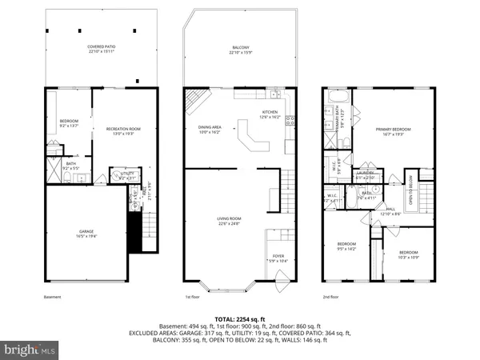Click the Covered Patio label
(x=100, y=49)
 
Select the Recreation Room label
(x=117, y=130)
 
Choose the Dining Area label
(x=209, y=129)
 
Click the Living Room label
(x=230, y=220)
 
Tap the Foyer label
(x=278, y=258)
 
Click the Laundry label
(x=365, y=173)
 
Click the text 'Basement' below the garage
(x=52, y=296)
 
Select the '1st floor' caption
(x=194, y=296)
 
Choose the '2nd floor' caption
(x=332, y=296)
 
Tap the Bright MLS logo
(x=32, y=350)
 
